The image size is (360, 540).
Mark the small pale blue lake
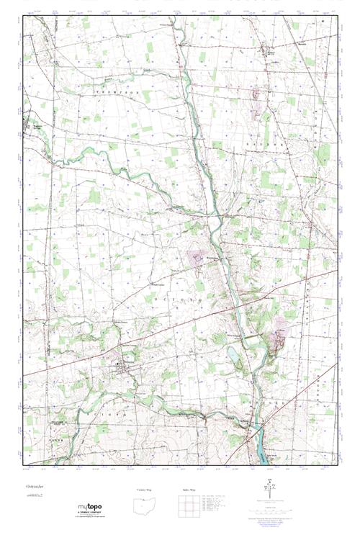click(x=235, y=354)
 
